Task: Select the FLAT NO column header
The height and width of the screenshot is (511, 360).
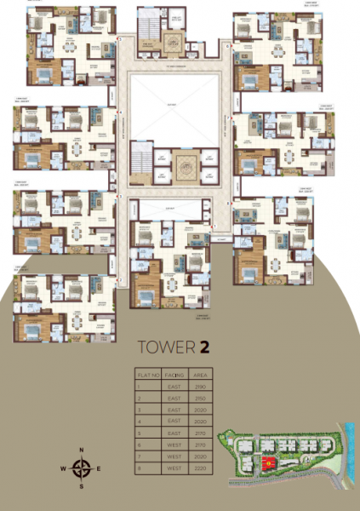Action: (148, 373)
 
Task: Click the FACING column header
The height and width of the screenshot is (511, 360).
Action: (174, 373)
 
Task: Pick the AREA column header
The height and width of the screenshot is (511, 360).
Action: (200, 373)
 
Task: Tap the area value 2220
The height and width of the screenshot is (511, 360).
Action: (200, 468)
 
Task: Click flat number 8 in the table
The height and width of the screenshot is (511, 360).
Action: (139, 468)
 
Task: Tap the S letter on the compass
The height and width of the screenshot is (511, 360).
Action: (82, 486)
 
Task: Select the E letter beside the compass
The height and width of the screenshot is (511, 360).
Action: (99, 468)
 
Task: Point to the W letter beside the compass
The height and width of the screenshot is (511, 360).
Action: (63, 468)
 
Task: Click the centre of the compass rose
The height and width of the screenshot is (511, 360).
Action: (82, 468)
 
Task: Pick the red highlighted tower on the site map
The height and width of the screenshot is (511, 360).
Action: (269, 462)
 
